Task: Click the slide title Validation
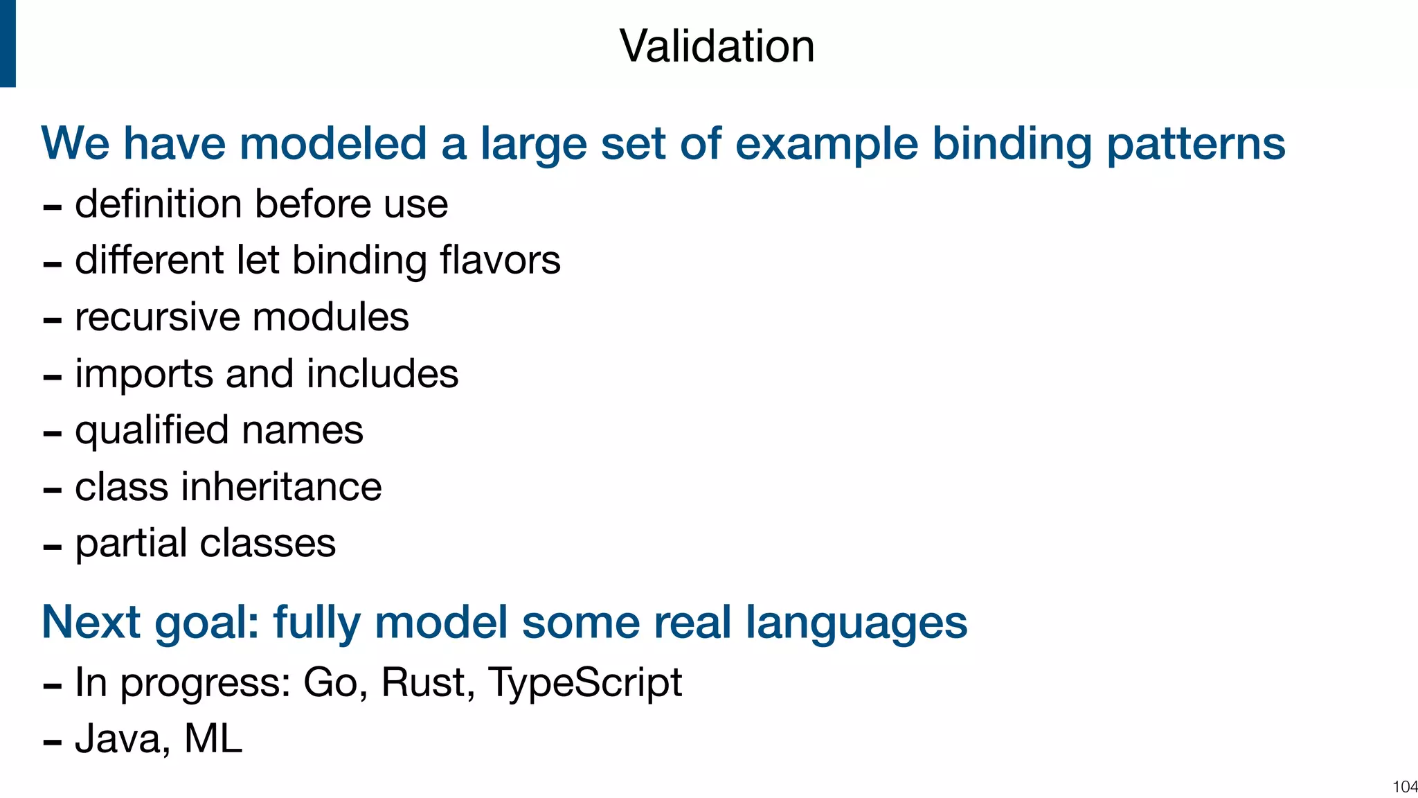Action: pos(717,46)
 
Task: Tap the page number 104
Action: pos(1404,786)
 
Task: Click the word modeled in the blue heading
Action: pos(332,143)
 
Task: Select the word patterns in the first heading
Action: pos(1196,143)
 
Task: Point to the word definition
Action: pos(159,204)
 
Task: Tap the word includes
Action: pos(382,374)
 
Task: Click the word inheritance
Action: pos(281,487)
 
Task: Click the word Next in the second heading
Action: pos(91,622)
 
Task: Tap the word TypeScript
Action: pos(585,682)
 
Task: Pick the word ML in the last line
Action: pos(213,739)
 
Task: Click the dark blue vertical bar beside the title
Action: pos(8,44)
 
